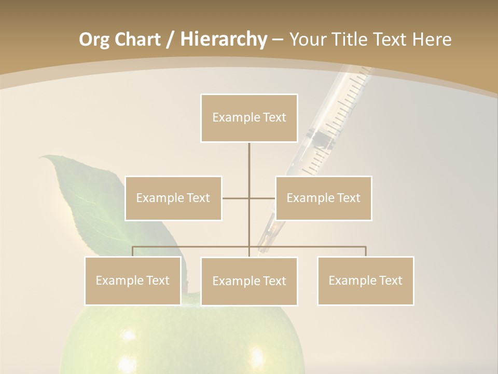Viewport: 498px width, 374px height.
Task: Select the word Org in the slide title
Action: click(94, 39)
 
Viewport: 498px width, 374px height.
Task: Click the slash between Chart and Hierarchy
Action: click(170, 39)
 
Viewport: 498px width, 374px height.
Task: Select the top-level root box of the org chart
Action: click(249, 118)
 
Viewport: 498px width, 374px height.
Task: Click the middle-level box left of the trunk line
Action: click(173, 198)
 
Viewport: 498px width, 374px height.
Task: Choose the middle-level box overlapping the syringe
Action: click(323, 198)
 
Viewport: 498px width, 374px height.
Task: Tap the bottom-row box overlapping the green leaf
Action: click(133, 280)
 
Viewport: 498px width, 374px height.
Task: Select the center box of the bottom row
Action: click(249, 281)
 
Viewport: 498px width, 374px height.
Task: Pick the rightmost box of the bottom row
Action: click(366, 280)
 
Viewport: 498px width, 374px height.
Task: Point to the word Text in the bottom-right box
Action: click(390, 280)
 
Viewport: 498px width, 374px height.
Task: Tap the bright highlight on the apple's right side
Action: click(256, 357)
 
